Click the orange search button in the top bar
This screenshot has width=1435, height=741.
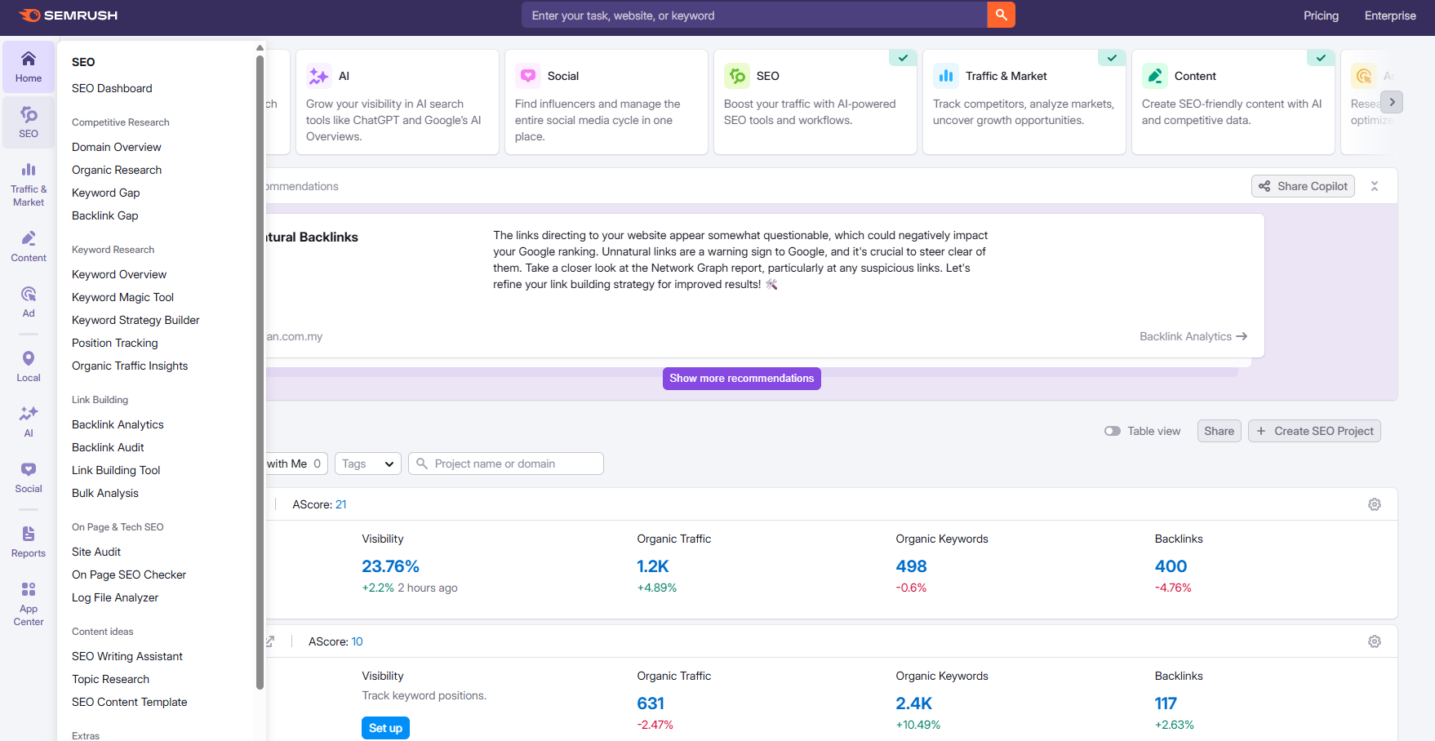(x=1001, y=15)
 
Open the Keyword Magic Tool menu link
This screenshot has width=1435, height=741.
(x=122, y=297)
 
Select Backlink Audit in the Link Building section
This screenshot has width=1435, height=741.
(x=108, y=447)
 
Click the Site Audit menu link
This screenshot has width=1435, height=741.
(x=96, y=552)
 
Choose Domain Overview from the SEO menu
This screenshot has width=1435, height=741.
(x=117, y=147)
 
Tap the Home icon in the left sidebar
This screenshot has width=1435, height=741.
(x=29, y=66)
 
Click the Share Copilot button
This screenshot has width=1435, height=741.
(x=1303, y=186)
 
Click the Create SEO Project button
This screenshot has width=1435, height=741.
(x=1314, y=431)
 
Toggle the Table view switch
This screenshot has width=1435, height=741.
(x=1113, y=431)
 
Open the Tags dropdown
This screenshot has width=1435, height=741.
(x=367, y=464)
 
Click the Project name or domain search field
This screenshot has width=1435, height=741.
(x=506, y=464)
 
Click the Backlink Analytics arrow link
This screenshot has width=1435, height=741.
(x=1193, y=336)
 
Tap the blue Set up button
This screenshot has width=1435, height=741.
(x=385, y=728)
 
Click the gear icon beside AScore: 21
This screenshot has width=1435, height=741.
(x=1375, y=504)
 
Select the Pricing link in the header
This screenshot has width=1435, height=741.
(x=1321, y=16)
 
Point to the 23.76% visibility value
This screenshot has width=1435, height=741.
(x=390, y=566)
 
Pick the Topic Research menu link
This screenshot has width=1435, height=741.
(x=110, y=679)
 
